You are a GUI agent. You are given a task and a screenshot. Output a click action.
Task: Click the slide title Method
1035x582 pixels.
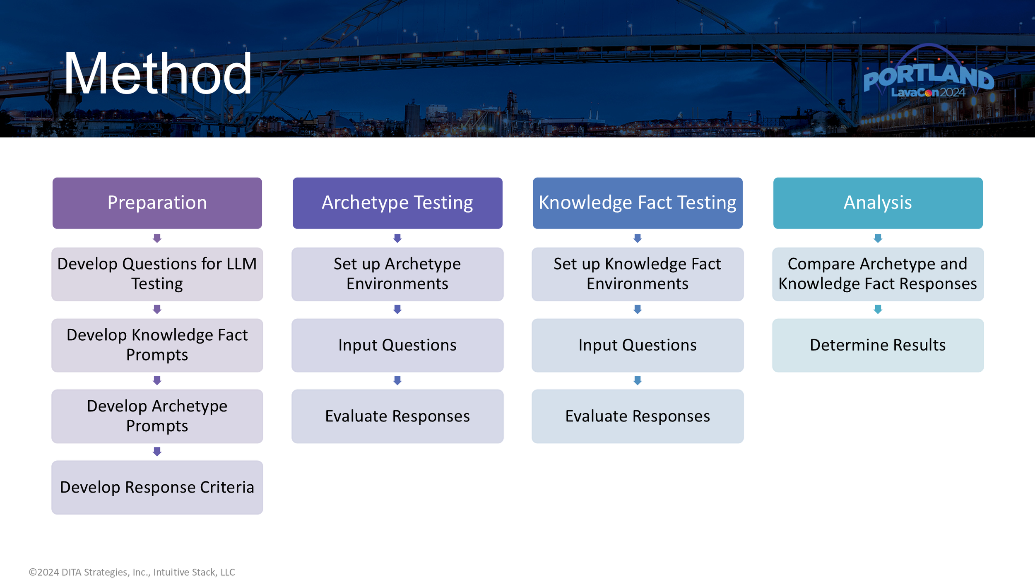pyautogui.click(x=157, y=74)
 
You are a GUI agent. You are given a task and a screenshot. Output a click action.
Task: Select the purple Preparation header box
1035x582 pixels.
pyautogui.click(x=157, y=203)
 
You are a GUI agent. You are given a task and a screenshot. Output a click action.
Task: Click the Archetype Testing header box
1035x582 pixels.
pyautogui.click(x=397, y=203)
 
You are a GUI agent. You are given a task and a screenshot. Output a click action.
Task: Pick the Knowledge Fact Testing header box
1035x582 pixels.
pyautogui.click(x=638, y=203)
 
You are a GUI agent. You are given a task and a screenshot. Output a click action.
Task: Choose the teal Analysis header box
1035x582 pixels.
pyautogui.click(x=878, y=203)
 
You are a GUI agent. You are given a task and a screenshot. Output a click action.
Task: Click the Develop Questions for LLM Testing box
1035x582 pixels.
pyautogui.click(x=157, y=274)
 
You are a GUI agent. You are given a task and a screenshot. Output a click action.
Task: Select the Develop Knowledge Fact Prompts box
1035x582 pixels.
pyautogui.click(x=157, y=345)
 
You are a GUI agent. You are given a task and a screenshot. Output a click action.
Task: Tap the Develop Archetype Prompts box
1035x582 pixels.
pyautogui.click(x=157, y=416)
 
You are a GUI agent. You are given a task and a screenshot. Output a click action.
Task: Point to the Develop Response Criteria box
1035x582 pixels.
pyautogui.click(x=157, y=487)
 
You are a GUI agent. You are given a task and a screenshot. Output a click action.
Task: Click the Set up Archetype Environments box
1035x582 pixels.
pyautogui.click(x=397, y=274)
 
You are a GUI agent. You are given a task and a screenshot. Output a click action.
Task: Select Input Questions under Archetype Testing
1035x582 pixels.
pyautogui.click(x=397, y=345)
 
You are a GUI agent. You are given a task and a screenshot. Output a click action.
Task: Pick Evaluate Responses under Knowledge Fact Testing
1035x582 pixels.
pyautogui.click(x=638, y=416)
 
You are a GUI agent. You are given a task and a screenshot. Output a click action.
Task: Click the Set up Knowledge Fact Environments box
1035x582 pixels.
pyautogui.click(x=638, y=274)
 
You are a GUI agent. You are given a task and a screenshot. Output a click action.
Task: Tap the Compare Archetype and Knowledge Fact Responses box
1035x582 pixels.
pyautogui.click(x=878, y=274)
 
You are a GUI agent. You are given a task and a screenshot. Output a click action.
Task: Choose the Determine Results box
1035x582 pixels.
pyautogui.click(x=878, y=345)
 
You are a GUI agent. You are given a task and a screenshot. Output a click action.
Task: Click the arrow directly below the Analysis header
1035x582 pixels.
pyautogui.click(x=878, y=238)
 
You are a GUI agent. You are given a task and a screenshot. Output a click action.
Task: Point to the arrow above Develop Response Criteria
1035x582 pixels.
pyautogui.click(x=157, y=451)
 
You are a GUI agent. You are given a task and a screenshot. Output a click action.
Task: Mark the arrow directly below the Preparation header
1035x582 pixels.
pyautogui.click(x=157, y=238)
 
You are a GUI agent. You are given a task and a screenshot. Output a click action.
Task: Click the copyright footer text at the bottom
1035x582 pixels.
pyautogui.click(x=132, y=572)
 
